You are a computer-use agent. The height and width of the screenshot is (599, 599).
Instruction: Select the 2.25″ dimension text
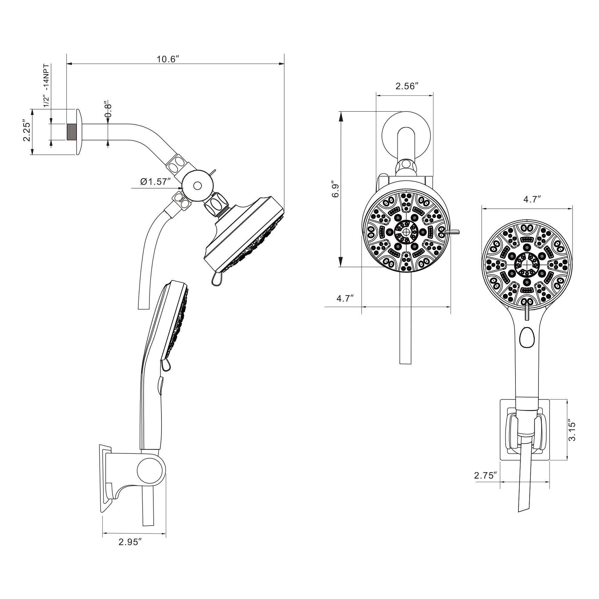click(x=27, y=132)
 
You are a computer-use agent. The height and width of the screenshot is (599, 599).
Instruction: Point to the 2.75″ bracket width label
click(x=486, y=475)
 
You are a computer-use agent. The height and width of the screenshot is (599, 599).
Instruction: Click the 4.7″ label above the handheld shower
click(x=532, y=199)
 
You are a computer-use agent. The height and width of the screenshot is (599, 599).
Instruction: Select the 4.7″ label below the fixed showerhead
click(x=345, y=298)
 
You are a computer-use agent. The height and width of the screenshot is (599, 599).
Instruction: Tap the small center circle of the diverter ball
click(x=197, y=186)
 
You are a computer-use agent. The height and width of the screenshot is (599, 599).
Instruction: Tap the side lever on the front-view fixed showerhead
click(x=452, y=231)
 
